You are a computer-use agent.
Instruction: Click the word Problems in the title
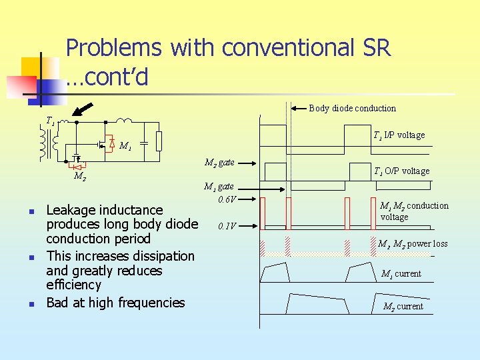pos(114,49)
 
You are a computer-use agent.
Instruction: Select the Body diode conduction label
pos(352,108)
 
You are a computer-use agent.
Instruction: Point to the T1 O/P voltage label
pos(401,171)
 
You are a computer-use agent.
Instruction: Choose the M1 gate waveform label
pos(219,187)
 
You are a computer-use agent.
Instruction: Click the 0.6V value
pos(227,199)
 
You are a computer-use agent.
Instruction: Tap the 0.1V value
pos(227,225)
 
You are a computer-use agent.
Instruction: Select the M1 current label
pos(401,273)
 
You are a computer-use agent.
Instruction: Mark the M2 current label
pos(403,306)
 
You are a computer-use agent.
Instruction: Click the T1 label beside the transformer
pos(50,121)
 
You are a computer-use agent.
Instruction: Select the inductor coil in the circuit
pos(125,121)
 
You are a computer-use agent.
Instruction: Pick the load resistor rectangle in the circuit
pos(159,141)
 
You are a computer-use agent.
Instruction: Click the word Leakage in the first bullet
pos(71,210)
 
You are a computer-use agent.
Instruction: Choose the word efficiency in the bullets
pos(73,285)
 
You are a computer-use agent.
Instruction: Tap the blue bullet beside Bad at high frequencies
pos(31,304)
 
